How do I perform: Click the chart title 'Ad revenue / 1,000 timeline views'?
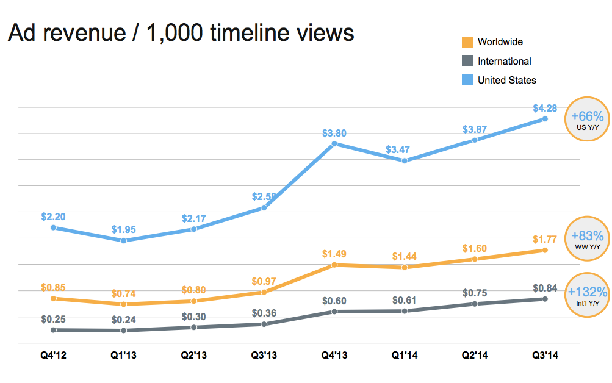click(x=181, y=33)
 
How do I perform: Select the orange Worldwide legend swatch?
click(x=468, y=43)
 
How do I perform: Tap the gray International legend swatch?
click(x=468, y=61)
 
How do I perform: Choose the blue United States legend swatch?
click(x=468, y=80)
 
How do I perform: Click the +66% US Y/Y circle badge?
click(x=587, y=119)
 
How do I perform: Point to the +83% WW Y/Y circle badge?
click(x=587, y=238)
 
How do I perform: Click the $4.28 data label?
click(x=545, y=109)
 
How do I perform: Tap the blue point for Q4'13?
click(x=334, y=144)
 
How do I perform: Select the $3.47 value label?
click(x=405, y=149)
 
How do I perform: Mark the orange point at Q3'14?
click(x=545, y=250)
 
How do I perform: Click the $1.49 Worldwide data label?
click(x=334, y=254)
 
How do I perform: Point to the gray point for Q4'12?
click(x=54, y=330)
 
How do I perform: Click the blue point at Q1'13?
click(x=124, y=241)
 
